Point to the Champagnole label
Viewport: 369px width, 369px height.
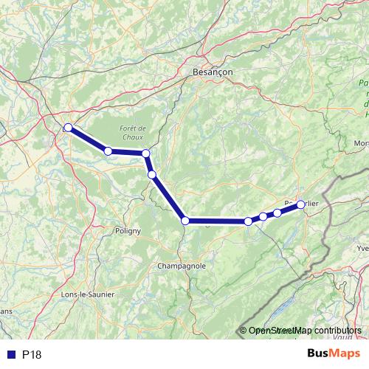pos(181,265)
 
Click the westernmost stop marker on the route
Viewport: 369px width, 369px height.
pos(68,128)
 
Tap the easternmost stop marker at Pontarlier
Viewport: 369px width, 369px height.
pos(300,205)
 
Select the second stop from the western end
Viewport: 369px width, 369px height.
pos(108,151)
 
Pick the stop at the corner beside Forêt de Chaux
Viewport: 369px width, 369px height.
pos(146,154)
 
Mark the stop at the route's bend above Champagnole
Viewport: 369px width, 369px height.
pos(186,220)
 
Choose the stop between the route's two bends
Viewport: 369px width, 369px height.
pos(152,175)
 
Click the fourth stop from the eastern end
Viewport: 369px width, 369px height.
pos(248,221)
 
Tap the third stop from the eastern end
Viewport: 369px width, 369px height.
pos(263,216)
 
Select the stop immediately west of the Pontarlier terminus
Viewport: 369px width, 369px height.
pos(277,213)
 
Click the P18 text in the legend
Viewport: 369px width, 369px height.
pos(32,355)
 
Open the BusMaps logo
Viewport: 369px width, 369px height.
pos(334,354)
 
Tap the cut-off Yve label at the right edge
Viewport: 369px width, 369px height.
pos(362,249)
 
